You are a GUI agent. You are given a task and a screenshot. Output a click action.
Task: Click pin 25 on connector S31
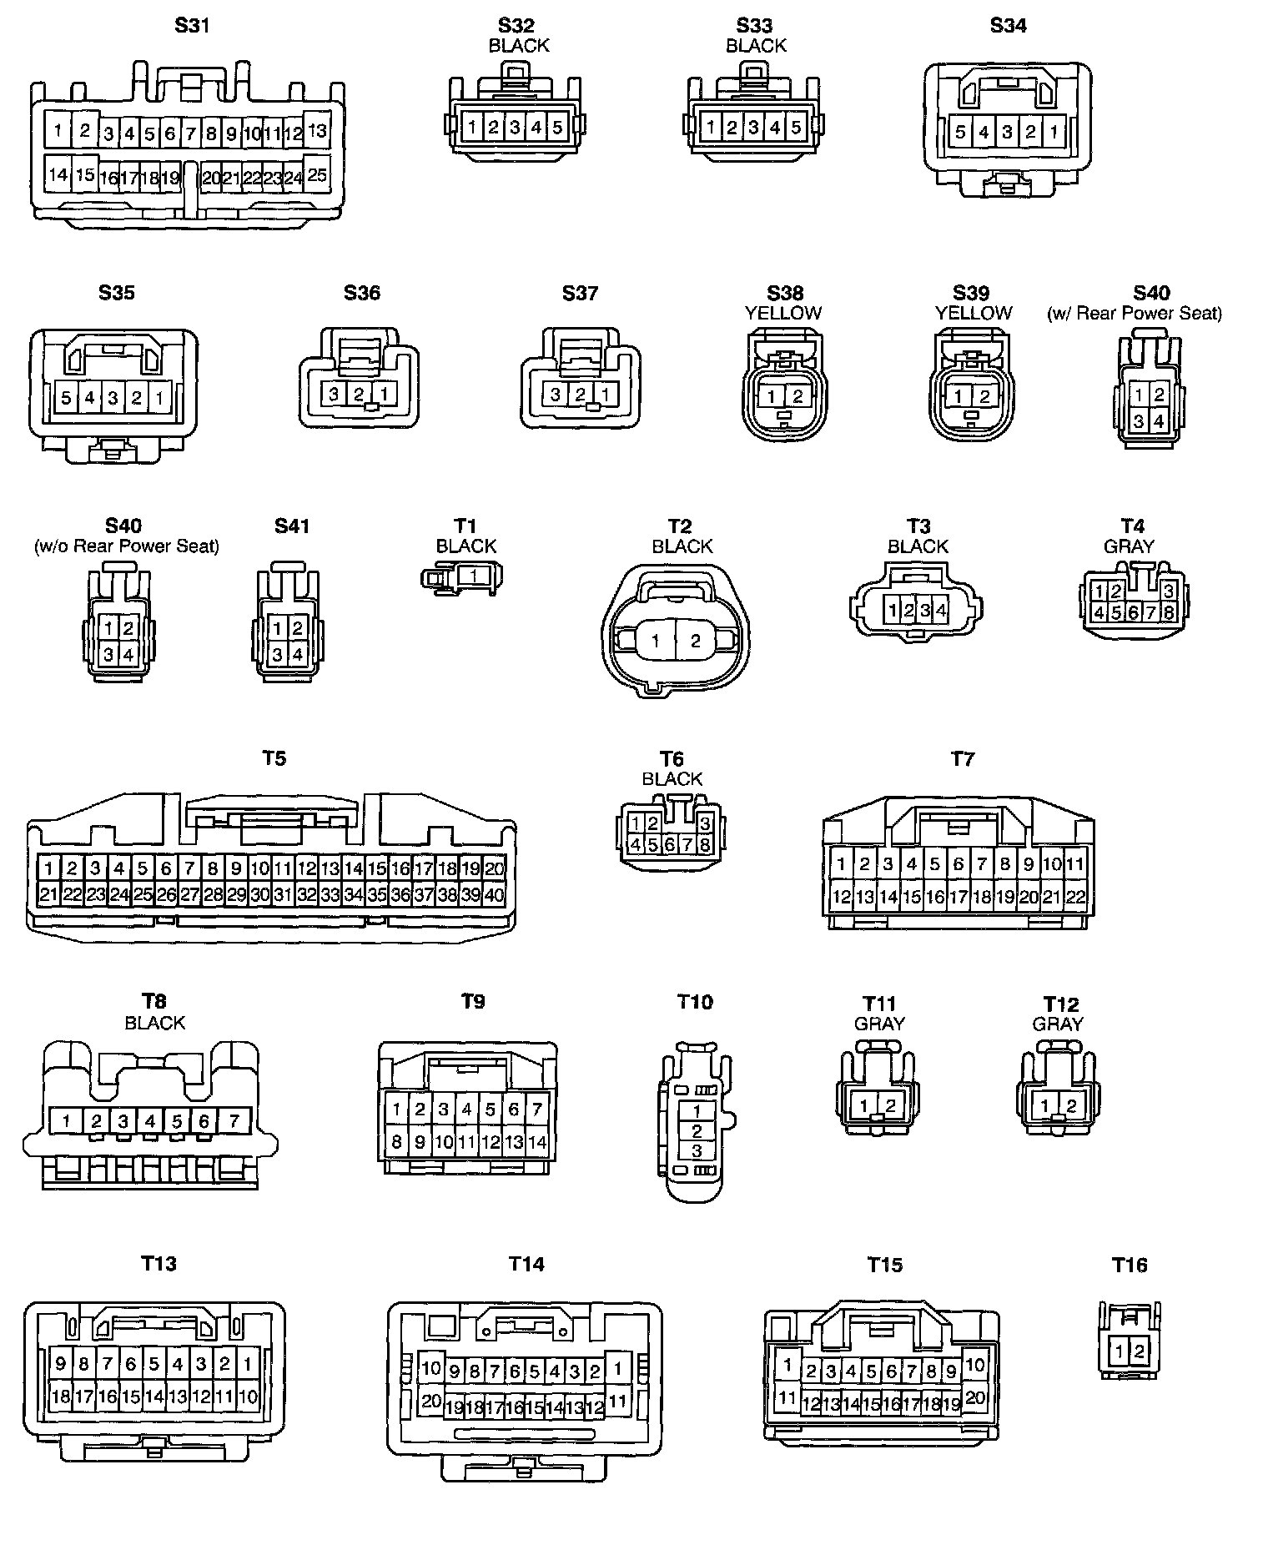pos(317,174)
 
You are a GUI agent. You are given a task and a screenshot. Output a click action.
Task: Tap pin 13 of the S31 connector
pos(317,130)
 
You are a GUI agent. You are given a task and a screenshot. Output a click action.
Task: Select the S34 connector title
pos(1008,26)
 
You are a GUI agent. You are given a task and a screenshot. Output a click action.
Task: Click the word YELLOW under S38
pos(783,313)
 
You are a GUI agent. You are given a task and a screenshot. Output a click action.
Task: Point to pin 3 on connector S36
pos(334,394)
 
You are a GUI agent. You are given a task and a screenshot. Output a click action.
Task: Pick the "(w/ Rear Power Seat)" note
pos(1135,313)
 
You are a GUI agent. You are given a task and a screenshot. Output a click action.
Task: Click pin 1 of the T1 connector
pos(474,575)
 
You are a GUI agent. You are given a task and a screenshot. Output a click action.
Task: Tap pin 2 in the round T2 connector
pos(696,641)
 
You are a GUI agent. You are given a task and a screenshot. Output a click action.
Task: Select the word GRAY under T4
pos(1129,546)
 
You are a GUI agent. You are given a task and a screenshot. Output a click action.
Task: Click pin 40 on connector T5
pos(494,895)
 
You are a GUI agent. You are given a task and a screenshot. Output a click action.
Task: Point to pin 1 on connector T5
pos(49,868)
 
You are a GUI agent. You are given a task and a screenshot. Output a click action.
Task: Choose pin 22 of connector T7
pos(1075,897)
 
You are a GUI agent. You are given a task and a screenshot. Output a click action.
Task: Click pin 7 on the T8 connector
pos(234,1120)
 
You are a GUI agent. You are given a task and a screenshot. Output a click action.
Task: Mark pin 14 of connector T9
pos(537,1141)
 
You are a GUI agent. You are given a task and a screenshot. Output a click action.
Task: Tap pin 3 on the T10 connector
pos(697,1151)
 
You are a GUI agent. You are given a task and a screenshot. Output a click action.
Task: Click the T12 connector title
pos(1060,1004)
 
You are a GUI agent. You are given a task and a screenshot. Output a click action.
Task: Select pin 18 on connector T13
pos(60,1396)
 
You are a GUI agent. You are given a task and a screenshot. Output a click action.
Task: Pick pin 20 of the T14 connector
pos(430,1402)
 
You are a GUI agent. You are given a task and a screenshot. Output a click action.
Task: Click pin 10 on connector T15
pos(974,1366)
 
